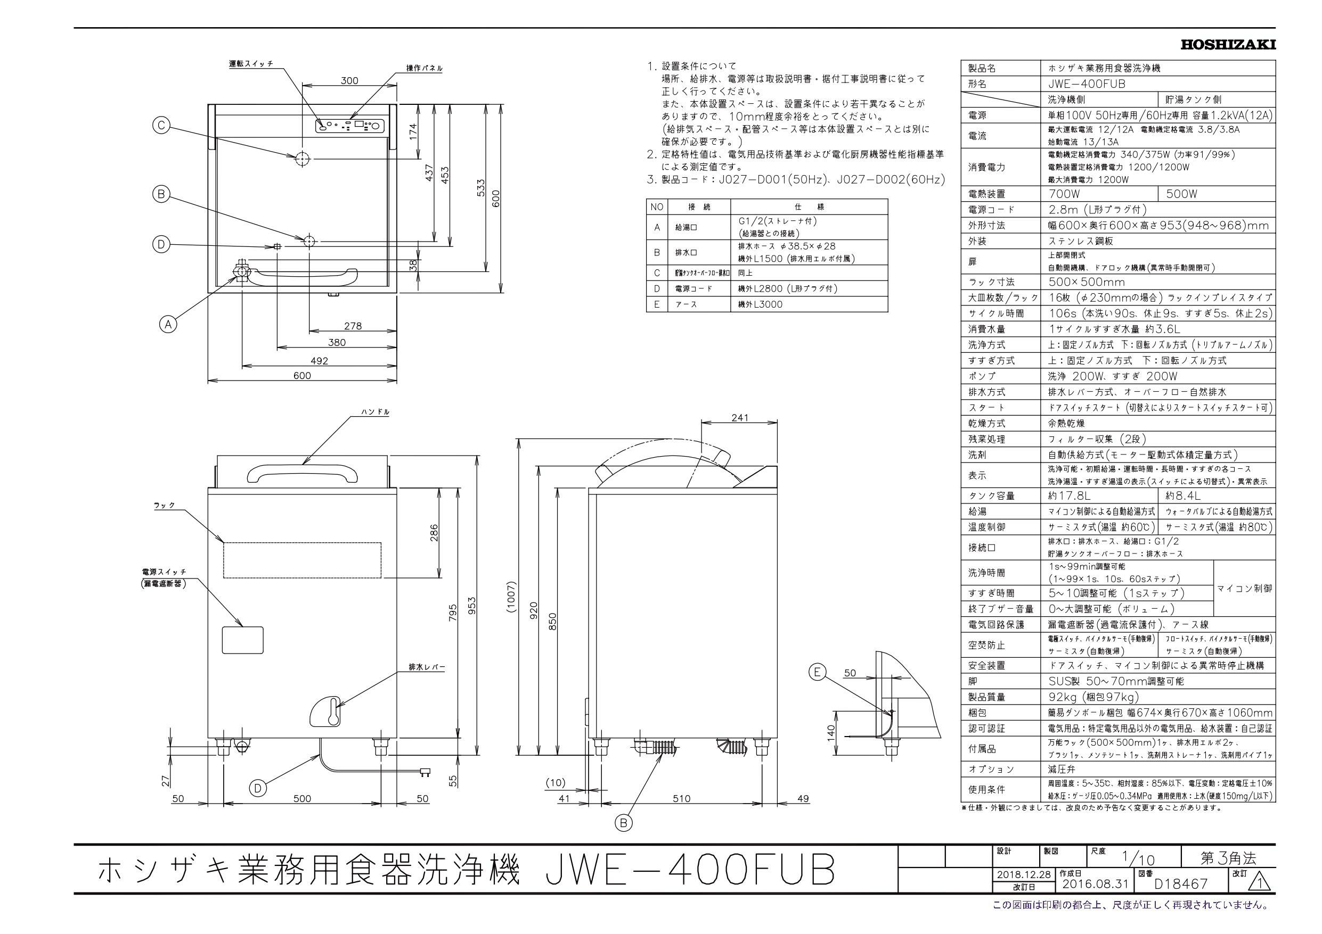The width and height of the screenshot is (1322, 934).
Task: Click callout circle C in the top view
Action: (162, 126)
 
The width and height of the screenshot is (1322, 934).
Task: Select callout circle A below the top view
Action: (168, 325)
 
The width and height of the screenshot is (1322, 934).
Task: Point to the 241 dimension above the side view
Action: (739, 418)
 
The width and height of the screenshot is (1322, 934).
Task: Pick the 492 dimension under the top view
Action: (319, 361)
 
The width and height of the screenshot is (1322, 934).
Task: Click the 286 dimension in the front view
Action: (434, 532)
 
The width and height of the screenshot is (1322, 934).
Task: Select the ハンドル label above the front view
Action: (375, 412)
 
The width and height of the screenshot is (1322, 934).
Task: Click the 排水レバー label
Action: (427, 667)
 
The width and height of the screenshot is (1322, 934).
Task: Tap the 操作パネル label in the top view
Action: (425, 69)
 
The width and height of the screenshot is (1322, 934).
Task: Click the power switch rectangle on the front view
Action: (242, 640)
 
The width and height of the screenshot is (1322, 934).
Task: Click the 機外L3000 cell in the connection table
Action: (760, 304)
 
